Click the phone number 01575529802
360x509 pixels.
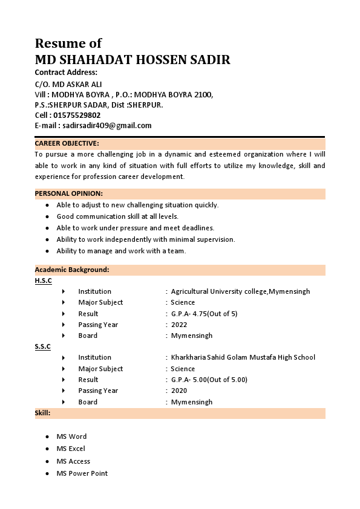[x=77, y=115]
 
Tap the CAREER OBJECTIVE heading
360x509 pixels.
[x=67, y=143]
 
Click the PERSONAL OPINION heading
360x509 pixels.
[x=68, y=193]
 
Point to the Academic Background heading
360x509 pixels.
[x=71, y=270]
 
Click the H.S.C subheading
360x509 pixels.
[x=43, y=280]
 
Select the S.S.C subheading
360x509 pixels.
[x=43, y=346]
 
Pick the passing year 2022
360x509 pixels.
[x=179, y=325]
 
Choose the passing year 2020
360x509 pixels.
[x=179, y=391]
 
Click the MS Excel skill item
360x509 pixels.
[x=71, y=449]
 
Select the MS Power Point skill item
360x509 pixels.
[x=82, y=473]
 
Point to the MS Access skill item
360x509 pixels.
[x=73, y=461]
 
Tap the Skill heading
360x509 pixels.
[x=42, y=413]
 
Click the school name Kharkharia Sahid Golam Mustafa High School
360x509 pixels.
[x=243, y=357]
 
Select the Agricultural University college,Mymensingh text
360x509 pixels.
[x=240, y=291]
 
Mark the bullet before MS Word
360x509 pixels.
[x=47, y=436]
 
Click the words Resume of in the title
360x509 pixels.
[x=68, y=44]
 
